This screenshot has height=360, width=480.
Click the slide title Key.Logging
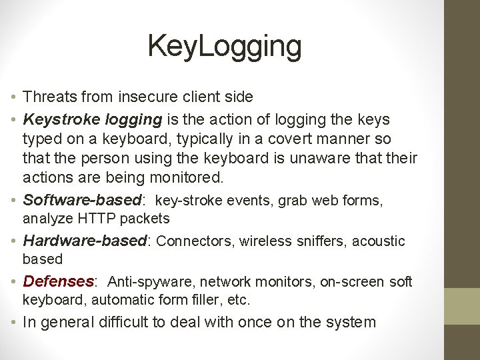pos(225,47)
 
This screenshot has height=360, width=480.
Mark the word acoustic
pos(379,241)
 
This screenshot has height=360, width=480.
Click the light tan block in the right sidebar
pos(462,306)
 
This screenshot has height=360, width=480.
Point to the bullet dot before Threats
pos(14,97)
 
